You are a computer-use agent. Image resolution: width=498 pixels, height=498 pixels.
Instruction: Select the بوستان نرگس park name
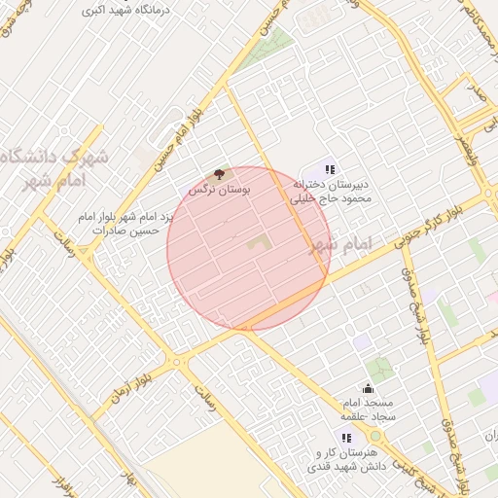[220, 189]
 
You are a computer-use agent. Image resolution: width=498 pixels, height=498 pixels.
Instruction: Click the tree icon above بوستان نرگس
[219, 173]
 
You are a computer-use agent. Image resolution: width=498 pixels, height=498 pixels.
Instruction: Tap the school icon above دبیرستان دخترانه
[330, 169]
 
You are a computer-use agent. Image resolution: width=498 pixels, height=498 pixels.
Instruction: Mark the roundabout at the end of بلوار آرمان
[179, 362]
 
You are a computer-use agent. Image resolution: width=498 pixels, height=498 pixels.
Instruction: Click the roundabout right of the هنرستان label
[374, 447]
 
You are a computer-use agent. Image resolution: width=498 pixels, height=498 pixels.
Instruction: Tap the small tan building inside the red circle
[256, 243]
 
